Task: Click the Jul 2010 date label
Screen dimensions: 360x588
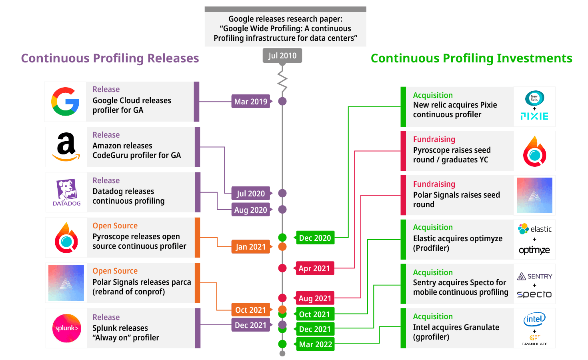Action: click(282, 56)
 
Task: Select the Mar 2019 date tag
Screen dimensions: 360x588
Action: click(251, 102)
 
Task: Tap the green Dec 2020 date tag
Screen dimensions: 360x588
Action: click(315, 238)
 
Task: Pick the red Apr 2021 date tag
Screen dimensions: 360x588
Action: click(314, 268)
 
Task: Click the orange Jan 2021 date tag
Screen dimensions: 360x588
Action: click(251, 247)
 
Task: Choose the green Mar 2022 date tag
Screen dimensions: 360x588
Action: click(315, 344)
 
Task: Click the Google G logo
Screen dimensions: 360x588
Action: click(65, 102)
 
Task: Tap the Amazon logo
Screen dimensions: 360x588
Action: click(66, 147)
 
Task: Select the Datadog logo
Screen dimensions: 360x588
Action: click(66, 192)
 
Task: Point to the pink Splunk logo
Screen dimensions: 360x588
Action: click(66, 328)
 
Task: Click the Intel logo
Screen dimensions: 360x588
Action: click(534, 319)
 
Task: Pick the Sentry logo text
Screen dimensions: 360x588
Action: click(535, 276)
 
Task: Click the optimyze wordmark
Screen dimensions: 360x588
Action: click(534, 250)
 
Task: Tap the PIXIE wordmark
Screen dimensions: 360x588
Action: click(534, 116)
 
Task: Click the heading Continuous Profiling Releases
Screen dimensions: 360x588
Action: click(110, 58)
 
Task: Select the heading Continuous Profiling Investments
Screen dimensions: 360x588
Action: click(471, 58)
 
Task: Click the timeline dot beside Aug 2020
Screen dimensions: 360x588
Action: click(282, 209)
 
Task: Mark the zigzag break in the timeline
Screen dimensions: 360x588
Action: click(282, 82)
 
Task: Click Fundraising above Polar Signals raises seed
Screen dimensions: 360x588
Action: click(434, 184)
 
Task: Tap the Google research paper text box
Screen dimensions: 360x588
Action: click(285, 28)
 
